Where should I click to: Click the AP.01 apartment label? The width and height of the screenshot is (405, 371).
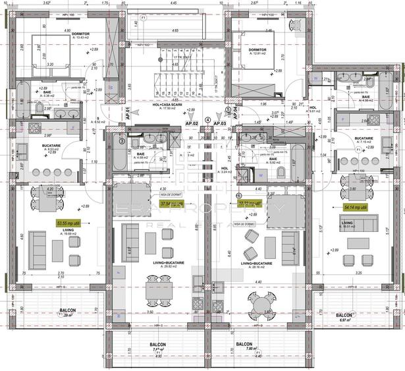click(129, 113)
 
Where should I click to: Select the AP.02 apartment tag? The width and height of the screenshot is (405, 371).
click(192, 123)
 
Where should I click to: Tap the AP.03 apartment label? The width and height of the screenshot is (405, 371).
click(220, 123)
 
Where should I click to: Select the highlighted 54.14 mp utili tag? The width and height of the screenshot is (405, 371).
click(355, 207)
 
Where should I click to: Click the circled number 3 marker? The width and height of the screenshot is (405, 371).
click(124, 140)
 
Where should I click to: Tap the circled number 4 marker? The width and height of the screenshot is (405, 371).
click(208, 120)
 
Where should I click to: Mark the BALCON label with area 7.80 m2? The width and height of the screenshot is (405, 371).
click(244, 346)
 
